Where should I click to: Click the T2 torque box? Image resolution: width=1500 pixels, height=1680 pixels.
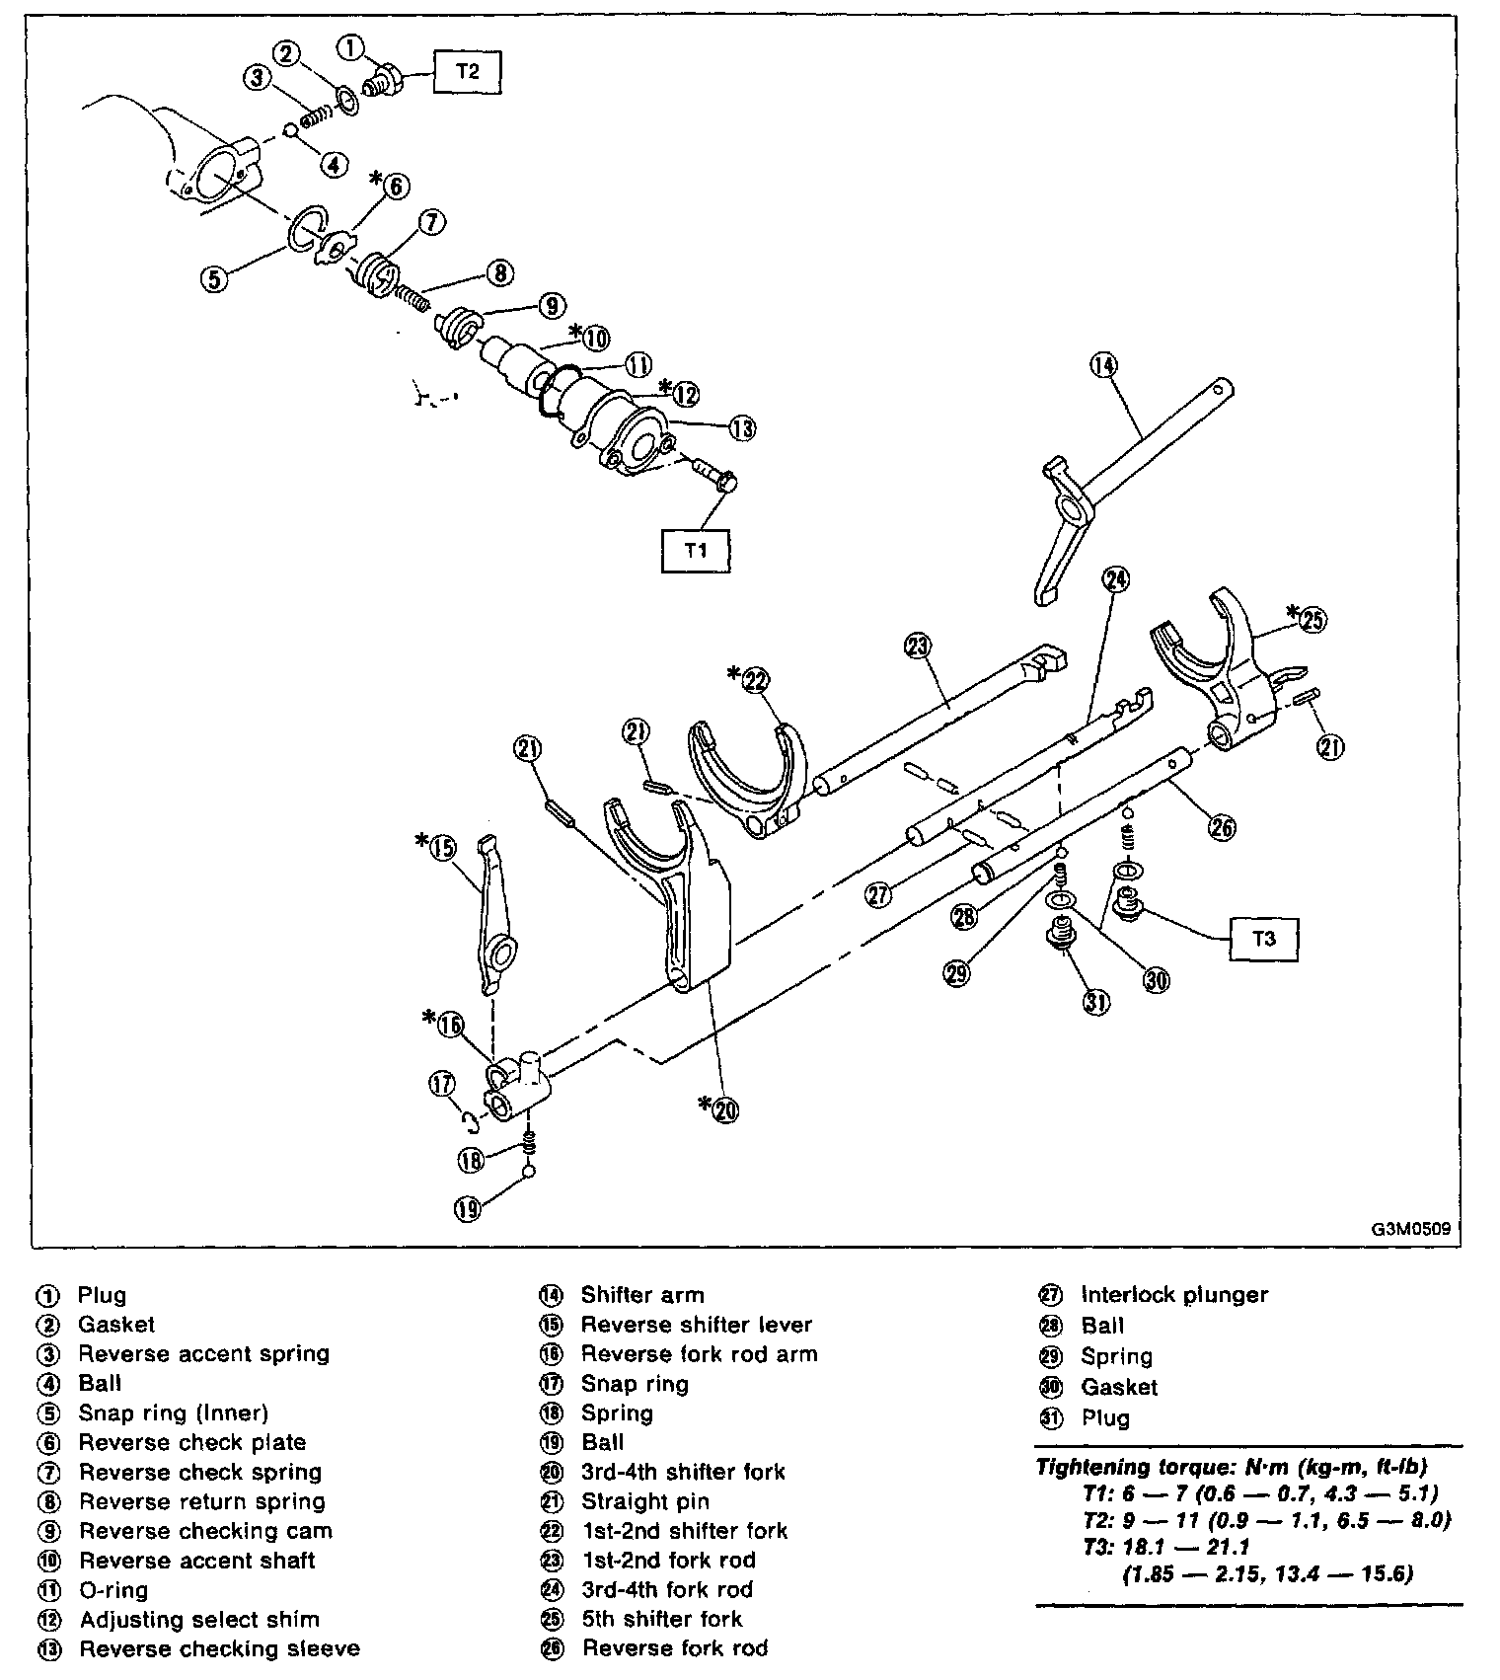pyautogui.click(x=467, y=72)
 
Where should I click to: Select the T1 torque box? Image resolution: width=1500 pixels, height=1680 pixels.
pyautogui.click(x=696, y=550)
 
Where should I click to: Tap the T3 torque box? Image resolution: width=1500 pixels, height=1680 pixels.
pyautogui.click(x=1263, y=939)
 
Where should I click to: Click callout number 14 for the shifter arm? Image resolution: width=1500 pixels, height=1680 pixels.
pyautogui.click(x=1103, y=365)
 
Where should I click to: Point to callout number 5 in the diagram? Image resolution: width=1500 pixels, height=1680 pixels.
pyautogui.click(x=215, y=278)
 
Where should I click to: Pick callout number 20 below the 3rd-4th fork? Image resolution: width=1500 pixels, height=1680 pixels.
pyautogui.click(x=725, y=1109)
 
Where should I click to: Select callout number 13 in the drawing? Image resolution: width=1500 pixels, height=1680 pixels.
pyautogui.click(x=742, y=428)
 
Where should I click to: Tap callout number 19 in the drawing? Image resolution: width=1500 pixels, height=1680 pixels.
pyautogui.click(x=468, y=1207)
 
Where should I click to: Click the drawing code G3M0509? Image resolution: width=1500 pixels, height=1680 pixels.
pyautogui.click(x=1409, y=1230)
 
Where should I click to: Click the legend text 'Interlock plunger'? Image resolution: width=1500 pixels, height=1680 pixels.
pyautogui.click(x=1174, y=1295)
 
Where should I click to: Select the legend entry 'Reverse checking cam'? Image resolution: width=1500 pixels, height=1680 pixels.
pyautogui.click(x=205, y=1531)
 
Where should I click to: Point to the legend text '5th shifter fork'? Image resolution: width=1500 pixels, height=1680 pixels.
pyautogui.click(x=661, y=1619)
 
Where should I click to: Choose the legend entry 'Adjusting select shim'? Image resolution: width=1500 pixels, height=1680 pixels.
pyautogui.click(x=199, y=1619)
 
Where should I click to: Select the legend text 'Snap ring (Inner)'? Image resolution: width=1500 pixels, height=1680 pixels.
pyautogui.click(x=174, y=1413)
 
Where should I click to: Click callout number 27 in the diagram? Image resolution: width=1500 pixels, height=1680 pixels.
pyautogui.click(x=878, y=895)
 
